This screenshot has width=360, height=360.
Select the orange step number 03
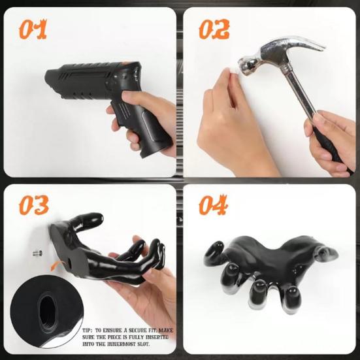coord(33,205)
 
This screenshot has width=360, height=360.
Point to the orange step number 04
coord(214,205)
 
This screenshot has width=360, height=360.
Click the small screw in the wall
coord(36,252)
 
